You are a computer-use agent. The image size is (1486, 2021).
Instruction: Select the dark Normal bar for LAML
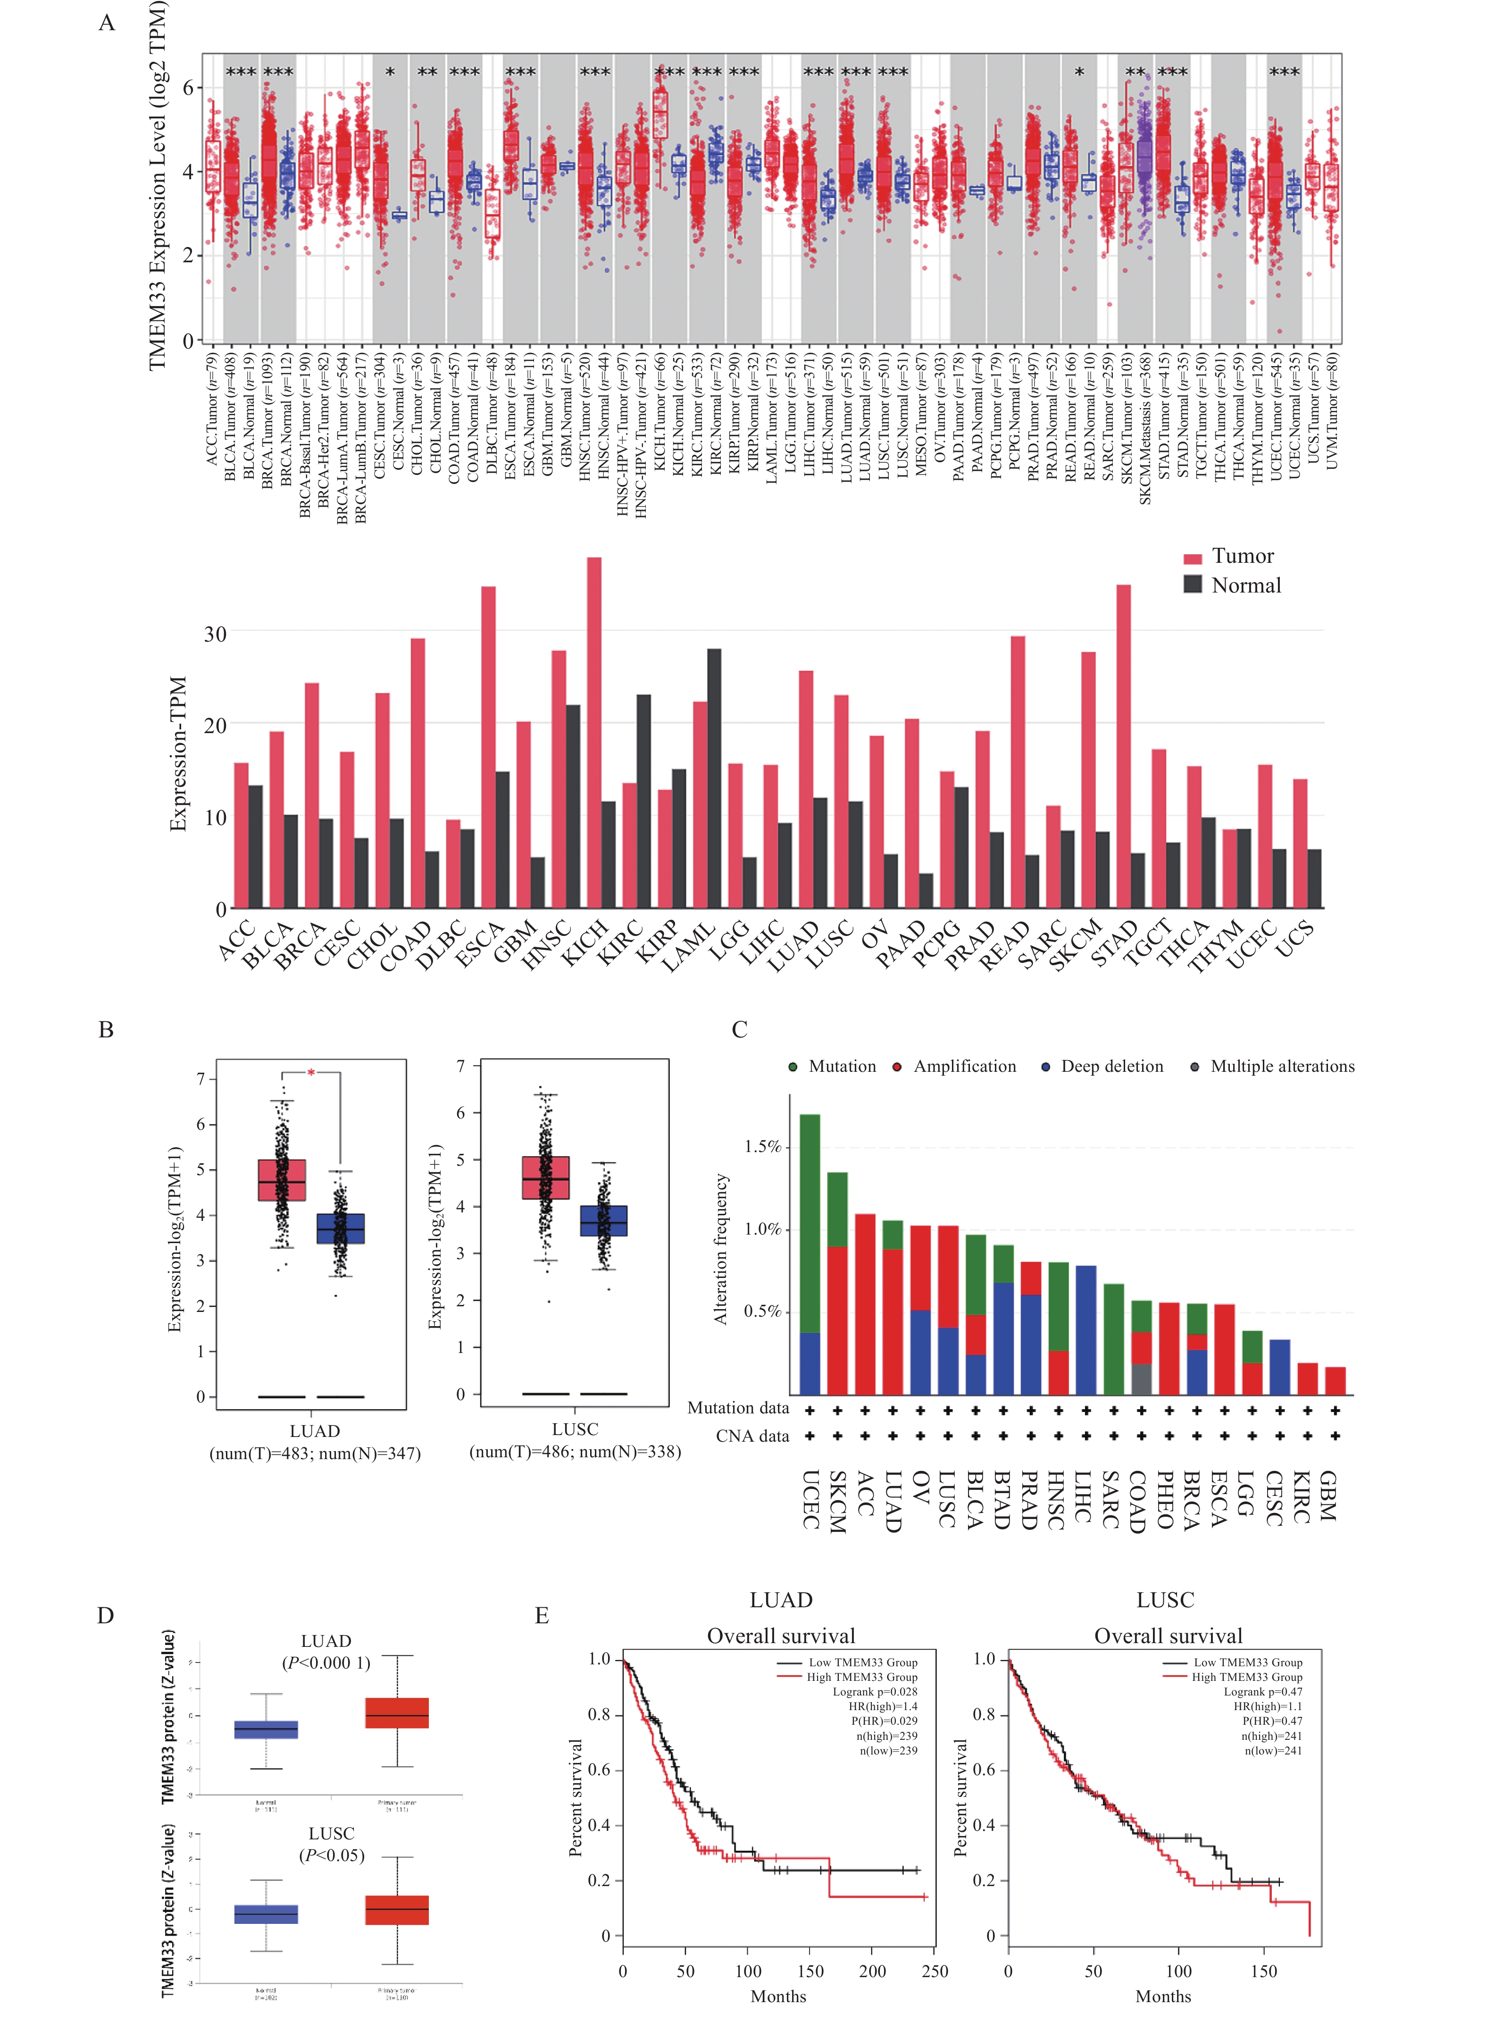[714, 778]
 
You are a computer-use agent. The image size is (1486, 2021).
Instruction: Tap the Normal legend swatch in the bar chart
[1193, 584]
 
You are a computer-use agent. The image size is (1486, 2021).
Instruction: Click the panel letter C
[739, 1029]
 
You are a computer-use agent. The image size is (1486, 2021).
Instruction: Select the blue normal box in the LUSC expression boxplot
[603, 1220]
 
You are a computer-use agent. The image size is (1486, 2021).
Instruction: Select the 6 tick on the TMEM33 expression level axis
[188, 87]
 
